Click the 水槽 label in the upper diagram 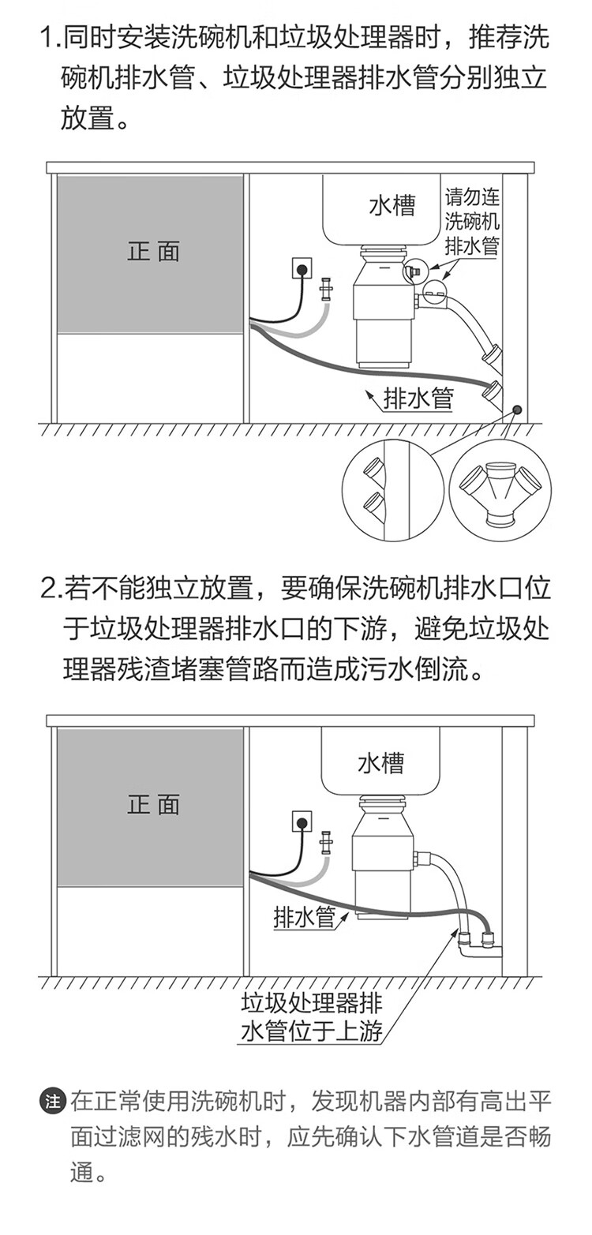pos(392,206)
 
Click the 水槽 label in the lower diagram pos(380,763)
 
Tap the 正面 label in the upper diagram pos(153,252)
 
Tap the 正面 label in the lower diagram pos(153,804)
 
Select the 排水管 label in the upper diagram pos(418,399)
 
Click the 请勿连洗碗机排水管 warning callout pos(472,222)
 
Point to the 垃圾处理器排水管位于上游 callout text pos(312,1017)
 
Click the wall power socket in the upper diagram pos(301,268)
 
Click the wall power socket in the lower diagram pos(301,821)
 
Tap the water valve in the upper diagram pos(326,290)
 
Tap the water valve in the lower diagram pos(326,844)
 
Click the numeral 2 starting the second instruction pos(48,589)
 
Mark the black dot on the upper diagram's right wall pos(517,410)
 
